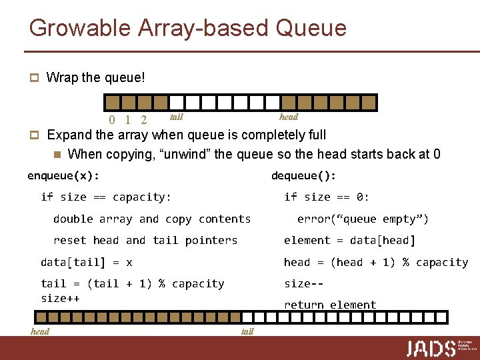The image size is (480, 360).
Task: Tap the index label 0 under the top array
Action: tap(112, 121)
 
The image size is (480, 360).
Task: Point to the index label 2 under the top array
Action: tap(143, 121)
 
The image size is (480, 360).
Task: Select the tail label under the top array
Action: tap(177, 117)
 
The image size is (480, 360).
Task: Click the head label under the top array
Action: tap(289, 117)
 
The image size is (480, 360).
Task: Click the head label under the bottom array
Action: tap(40, 331)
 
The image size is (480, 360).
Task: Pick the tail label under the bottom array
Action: tap(247, 331)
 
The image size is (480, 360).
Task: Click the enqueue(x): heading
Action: tap(63, 176)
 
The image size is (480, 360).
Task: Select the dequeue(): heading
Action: tap(303, 176)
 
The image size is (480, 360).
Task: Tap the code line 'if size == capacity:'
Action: tap(106, 197)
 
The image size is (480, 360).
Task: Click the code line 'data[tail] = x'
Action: tap(87, 262)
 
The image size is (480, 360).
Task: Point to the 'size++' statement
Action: tap(60, 298)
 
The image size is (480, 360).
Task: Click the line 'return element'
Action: tap(330, 305)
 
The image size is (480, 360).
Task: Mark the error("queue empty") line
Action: tap(363, 219)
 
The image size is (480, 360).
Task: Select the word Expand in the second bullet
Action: tap(69, 135)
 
